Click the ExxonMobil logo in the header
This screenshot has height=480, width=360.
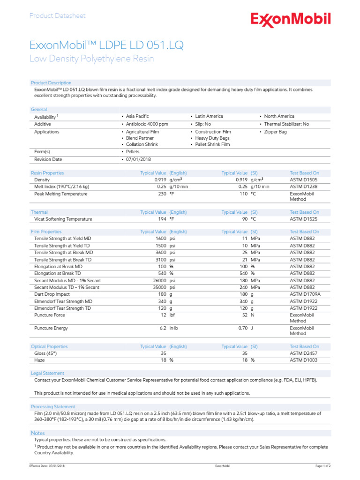(290, 20)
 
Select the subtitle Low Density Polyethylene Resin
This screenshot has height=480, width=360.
(91, 59)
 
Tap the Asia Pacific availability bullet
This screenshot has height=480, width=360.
(137, 116)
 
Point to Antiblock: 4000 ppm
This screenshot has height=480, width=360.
(146, 124)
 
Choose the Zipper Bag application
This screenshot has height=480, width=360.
(275, 132)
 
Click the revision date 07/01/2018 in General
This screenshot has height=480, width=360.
(138, 159)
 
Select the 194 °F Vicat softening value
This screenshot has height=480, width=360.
(166, 219)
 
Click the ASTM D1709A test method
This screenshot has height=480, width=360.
(305, 294)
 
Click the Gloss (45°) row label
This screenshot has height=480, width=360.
(47, 353)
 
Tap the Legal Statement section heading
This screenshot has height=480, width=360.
(47, 373)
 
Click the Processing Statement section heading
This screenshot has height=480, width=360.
(52, 406)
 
